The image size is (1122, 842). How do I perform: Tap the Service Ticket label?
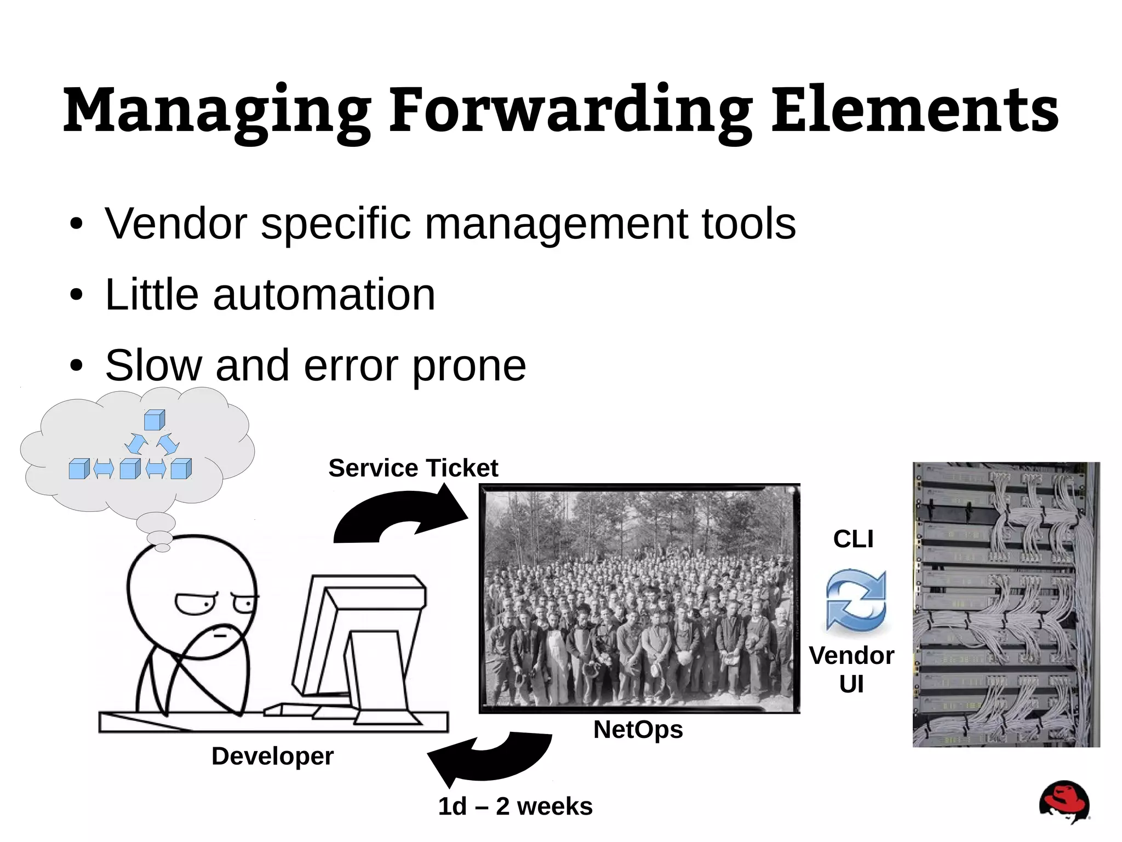413,468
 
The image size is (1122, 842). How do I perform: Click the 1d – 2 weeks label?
515,806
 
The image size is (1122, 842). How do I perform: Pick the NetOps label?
638,730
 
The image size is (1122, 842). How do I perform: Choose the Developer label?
272,756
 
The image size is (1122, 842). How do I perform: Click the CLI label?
853,539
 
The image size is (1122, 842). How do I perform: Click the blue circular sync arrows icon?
855,599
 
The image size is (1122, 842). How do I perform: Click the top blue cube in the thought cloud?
154,420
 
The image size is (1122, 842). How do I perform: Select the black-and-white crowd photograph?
639,598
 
